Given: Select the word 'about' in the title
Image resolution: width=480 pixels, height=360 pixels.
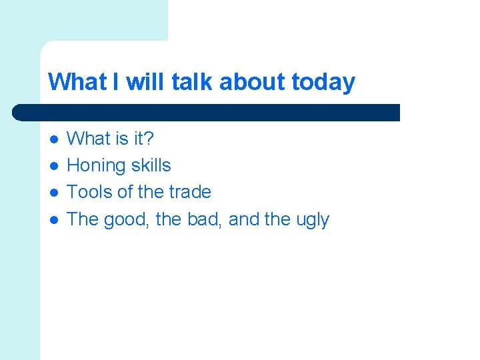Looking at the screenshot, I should pyautogui.click(x=253, y=82).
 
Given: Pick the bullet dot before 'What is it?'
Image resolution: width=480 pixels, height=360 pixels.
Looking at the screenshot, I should pyautogui.click(x=53, y=139).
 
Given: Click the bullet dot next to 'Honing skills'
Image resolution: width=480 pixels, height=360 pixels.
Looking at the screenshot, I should pyautogui.click(x=53, y=166).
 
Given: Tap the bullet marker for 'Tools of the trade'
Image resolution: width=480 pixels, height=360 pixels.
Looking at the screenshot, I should pyautogui.click(x=53, y=193).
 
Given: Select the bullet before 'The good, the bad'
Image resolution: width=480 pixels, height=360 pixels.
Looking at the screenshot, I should pyautogui.click(x=53, y=219).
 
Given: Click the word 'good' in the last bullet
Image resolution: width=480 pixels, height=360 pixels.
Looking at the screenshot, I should pyautogui.click(x=129, y=219).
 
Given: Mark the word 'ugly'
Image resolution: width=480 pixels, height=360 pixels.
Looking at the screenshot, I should pyautogui.click(x=312, y=220).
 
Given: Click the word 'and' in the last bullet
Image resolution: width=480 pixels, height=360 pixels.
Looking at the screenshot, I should pyautogui.click(x=244, y=219).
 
